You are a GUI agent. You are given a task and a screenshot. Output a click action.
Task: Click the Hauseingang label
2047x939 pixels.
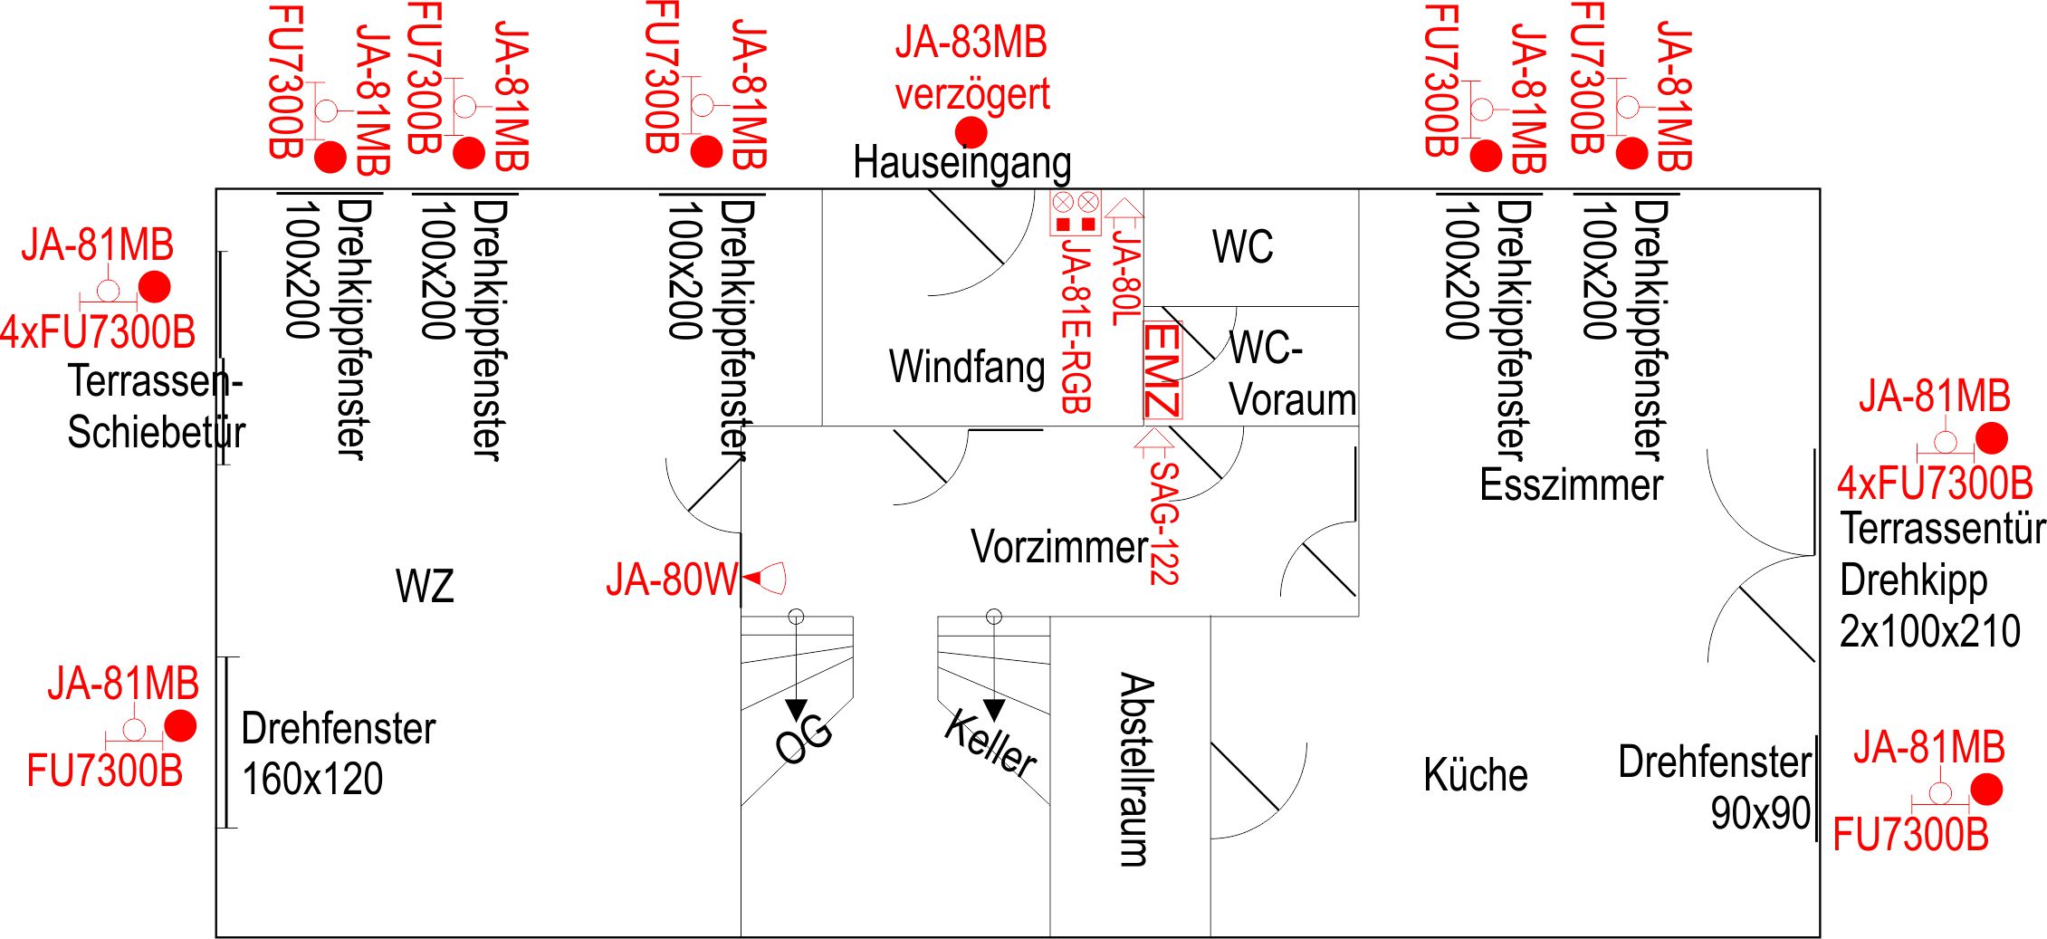point(961,164)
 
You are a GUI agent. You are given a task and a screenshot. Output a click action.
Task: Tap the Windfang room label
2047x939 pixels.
point(967,367)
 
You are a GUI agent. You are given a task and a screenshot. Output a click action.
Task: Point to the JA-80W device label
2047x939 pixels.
point(672,580)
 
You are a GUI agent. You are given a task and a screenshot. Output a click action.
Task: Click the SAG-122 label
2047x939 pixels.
point(1164,523)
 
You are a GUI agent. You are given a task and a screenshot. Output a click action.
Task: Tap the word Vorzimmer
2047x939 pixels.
point(1059,547)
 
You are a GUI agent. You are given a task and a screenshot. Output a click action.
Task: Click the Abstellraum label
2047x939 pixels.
point(1136,769)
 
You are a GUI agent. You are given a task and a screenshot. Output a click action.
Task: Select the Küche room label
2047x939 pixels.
point(1475,775)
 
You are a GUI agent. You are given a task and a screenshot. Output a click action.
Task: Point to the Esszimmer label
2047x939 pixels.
point(1571,485)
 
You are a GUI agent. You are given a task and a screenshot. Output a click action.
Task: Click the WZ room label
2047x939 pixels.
point(425,586)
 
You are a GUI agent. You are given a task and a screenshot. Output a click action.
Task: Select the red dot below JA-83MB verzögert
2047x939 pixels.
point(971,132)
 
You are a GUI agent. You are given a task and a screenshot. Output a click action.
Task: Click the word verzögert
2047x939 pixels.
point(972,94)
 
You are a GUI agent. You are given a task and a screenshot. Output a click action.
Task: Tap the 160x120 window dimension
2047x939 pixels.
point(312,779)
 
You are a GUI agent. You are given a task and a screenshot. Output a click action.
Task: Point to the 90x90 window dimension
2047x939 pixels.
point(1760,813)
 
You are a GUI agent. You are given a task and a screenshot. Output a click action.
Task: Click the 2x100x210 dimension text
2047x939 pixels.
point(1929,631)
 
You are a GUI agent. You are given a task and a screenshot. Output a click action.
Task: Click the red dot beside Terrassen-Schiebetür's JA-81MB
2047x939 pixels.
point(154,287)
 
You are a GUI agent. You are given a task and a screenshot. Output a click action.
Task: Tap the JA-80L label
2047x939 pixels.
point(1125,277)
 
